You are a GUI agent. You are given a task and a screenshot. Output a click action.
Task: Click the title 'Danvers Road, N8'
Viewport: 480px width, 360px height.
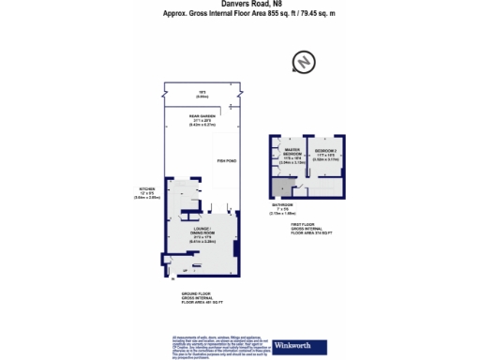[x=238, y=6]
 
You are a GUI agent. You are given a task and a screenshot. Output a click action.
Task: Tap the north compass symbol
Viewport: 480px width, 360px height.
[x=302, y=63]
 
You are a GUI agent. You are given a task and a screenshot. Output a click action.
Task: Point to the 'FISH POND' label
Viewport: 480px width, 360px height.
[x=226, y=161]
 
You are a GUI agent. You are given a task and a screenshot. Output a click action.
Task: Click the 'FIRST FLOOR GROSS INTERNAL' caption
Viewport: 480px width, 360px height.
[x=310, y=226]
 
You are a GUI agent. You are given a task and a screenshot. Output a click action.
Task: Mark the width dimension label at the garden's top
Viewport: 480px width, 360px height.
[x=201, y=93]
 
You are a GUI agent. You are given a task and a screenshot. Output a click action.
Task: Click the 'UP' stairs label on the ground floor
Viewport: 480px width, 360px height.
[x=172, y=269]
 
